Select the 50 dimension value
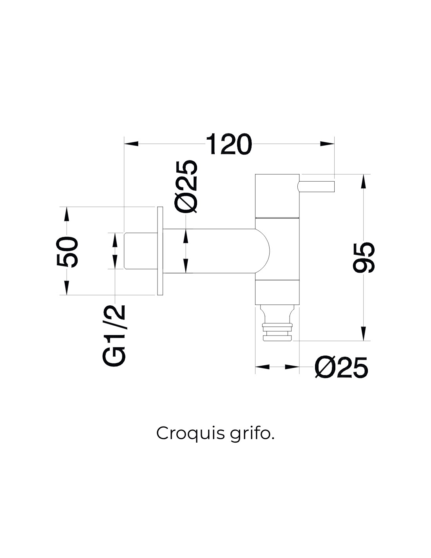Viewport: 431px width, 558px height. (x=67, y=252)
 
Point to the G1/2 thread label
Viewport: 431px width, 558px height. (x=114, y=335)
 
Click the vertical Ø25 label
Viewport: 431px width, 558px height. (x=186, y=187)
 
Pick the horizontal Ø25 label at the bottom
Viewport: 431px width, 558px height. (x=341, y=367)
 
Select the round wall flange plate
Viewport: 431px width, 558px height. (x=160, y=251)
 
